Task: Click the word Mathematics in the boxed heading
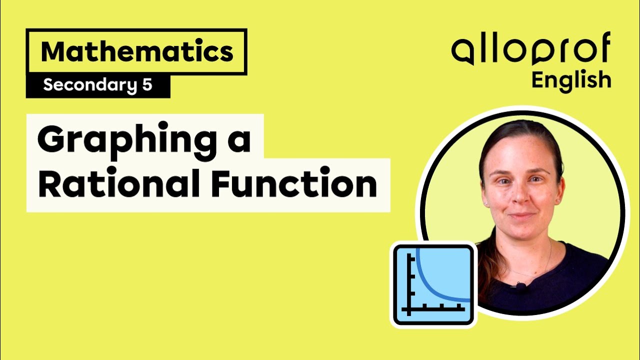[137, 52]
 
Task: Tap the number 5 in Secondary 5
[146, 85]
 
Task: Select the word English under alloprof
[571, 80]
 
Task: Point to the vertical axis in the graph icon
[409, 285]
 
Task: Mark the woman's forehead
[520, 150]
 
